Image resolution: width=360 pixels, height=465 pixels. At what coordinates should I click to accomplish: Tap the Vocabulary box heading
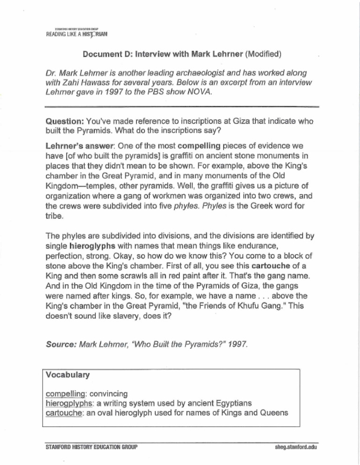[x=68, y=375]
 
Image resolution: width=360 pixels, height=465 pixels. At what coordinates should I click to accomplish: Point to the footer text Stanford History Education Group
[x=91, y=447]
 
